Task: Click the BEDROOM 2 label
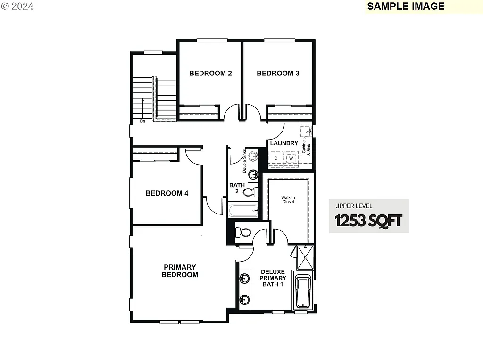[210, 73]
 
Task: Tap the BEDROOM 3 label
[278, 73]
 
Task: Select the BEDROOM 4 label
[167, 193]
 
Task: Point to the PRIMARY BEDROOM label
[180, 271]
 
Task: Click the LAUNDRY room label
[284, 143]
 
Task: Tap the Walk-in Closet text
[288, 200]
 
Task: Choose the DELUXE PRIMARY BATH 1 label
[273, 278]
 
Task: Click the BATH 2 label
[237, 189]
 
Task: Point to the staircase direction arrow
[142, 108]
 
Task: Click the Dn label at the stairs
[142, 121]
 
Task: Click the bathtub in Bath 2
[243, 210]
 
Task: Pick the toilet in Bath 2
[253, 192]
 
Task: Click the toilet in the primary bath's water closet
[244, 232]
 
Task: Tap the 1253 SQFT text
[368, 220]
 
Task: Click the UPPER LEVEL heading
[354, 206]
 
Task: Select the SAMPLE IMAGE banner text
[406, 6]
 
